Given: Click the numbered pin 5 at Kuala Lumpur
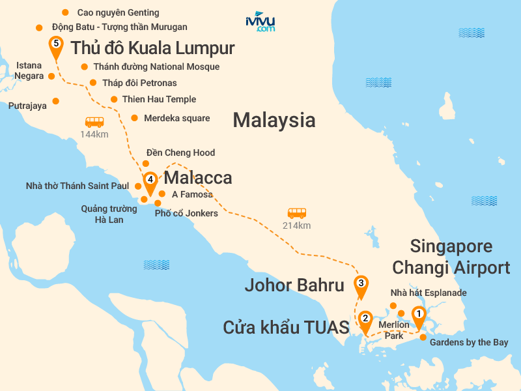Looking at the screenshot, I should point(56,45).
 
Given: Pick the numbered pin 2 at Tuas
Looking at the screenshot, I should point(365,320).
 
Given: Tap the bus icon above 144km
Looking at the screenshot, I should point(94,122).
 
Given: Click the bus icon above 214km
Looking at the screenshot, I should point(296,213).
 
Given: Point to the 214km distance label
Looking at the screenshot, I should point(296,225).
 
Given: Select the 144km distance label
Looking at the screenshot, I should point(94,134).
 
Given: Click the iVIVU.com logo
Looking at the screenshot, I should point(260,22).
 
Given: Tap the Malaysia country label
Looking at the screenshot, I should point(274,120).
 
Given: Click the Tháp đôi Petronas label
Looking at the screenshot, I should point(135,83).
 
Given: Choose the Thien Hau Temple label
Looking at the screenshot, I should point(159,99).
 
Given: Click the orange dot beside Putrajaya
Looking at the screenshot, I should point(55,101).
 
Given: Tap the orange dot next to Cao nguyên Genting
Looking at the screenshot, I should point(64,12).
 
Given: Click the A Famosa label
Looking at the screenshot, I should point(192,194).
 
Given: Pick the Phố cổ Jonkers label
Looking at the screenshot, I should point(186,213).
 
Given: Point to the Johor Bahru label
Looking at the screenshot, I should point(294,285).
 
